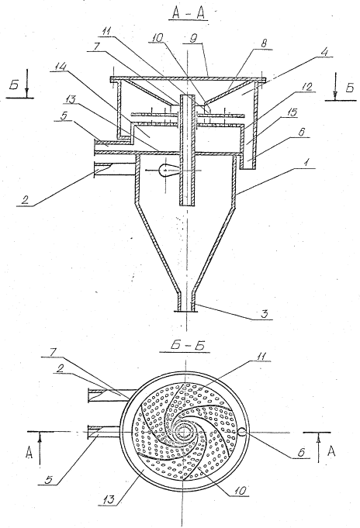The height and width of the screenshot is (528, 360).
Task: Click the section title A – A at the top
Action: coord(189,13)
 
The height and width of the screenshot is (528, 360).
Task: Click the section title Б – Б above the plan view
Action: coord(185,346)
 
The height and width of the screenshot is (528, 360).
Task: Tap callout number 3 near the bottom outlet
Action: coord(265,314)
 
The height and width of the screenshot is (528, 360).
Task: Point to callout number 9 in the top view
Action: coord(194,39)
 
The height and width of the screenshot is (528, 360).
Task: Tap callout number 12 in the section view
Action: coord(308,87)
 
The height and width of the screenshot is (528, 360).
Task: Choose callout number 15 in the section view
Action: coord(293,112)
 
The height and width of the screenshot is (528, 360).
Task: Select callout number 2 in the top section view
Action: coord(25,200)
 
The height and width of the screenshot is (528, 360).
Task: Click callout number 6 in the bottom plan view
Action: coord(301,452)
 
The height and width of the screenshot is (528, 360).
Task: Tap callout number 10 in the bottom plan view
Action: coord(241,490)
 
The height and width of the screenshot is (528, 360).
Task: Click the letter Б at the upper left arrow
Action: coord(14,86)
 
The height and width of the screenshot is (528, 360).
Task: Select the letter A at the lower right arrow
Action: coord(331,451)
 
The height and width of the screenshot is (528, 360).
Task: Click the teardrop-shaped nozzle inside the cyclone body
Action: coord(168,170)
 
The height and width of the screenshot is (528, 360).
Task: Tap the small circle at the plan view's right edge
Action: coord(241,432)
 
